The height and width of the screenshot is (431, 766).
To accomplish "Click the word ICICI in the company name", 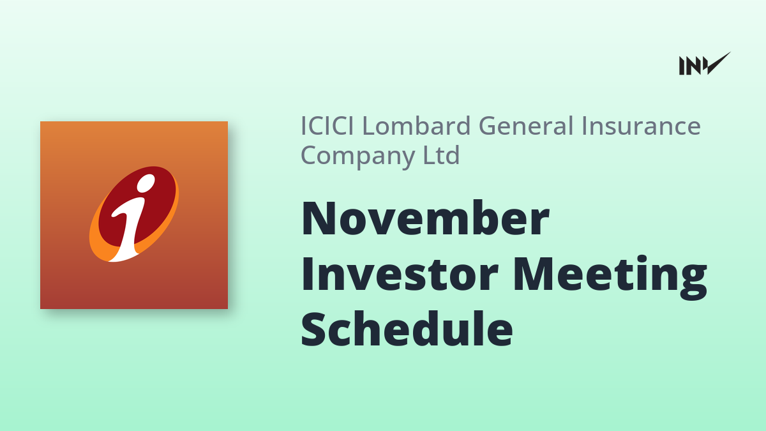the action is pos(327,126).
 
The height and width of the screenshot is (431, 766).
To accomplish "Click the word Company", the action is pos(357,156).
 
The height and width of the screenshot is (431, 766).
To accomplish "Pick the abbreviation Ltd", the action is pos(442,155).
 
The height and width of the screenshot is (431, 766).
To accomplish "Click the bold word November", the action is pos(425,218).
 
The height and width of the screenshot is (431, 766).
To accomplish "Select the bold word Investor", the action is pos(400,274).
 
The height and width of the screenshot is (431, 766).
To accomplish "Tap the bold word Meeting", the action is pos(610,277).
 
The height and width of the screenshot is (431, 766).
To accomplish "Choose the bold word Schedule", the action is pos(407,329).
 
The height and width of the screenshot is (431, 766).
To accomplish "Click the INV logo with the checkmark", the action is pos(705,64).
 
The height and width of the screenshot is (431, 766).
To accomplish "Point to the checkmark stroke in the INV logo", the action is pos(717,63).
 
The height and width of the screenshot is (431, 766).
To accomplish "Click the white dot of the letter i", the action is pos(146,183).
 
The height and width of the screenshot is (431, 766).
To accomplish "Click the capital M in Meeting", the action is pos(534,274).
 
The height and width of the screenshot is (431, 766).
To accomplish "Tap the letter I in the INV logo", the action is pos(682,66).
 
